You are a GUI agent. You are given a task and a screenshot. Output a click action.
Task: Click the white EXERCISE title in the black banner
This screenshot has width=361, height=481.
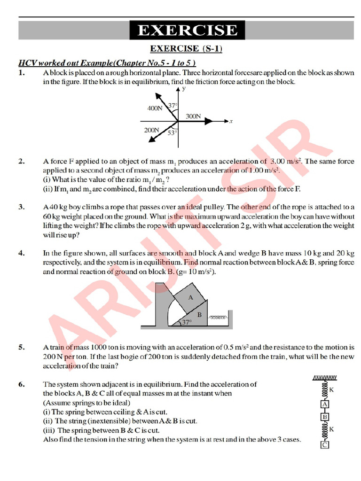[187, 31]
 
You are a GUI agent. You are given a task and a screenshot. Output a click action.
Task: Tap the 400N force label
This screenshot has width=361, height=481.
[154, 109]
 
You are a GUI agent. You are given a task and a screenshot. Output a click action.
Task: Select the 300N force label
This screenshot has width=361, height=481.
[193, 116]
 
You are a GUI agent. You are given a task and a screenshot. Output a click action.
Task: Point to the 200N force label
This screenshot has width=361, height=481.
[151, 130]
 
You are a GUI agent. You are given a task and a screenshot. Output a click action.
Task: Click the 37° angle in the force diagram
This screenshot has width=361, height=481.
[173, 106]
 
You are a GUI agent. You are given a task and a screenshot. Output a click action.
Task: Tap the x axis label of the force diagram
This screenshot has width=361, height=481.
[231, 121]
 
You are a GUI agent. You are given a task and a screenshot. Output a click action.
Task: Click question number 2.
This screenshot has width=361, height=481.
[22, 162]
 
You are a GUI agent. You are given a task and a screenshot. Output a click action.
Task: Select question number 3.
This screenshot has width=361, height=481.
[22, 207]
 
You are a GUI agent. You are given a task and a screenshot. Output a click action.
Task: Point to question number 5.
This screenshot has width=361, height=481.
[22, 348]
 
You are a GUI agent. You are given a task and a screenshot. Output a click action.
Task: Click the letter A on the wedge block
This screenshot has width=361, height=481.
[190, 297]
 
